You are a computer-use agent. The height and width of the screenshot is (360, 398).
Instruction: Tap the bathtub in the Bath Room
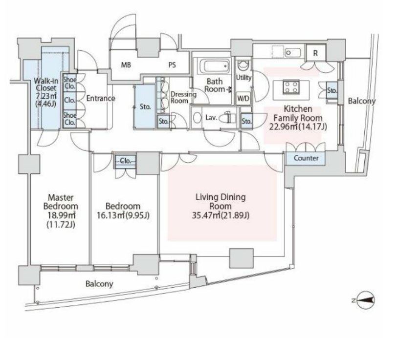point(215,65)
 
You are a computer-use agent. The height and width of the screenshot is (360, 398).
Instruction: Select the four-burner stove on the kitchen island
point(291,86)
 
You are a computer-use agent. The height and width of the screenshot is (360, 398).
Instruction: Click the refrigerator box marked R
point(316,53)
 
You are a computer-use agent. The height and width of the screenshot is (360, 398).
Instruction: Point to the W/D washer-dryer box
point(243,98)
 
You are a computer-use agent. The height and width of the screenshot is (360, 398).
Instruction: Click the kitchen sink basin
point(292,53)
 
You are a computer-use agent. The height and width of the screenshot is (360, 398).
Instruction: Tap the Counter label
point(306,158)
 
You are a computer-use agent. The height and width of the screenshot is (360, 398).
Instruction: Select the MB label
point(126,65)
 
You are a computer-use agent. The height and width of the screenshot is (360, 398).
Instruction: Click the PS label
point(172,65)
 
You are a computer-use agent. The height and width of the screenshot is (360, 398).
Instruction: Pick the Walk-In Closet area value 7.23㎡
point(45,96)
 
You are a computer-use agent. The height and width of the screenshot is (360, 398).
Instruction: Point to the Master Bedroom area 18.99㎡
point(62,215)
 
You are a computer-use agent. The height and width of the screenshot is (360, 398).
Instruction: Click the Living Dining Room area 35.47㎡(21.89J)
point(221,215)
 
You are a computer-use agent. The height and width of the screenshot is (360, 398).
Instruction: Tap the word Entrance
point(101,98)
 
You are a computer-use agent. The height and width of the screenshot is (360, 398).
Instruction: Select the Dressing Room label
point(183,97)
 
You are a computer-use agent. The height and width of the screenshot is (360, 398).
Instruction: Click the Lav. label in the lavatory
point(211,118)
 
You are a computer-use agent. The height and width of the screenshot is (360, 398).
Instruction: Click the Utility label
point(243,78)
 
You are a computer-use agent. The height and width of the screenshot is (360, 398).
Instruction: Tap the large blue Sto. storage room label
point(145,107)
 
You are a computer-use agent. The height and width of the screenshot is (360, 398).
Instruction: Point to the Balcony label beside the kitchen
point(361,101)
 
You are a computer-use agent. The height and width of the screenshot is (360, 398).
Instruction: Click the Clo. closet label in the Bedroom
point(125,161)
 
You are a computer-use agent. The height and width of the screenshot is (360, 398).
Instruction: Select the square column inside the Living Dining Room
point(242,258)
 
